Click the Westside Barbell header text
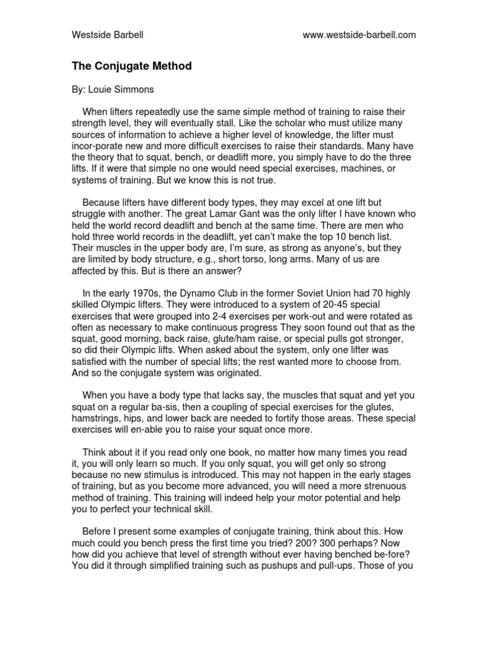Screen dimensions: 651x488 [x=107, y=35]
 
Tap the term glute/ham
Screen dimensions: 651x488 [x=251, y=339]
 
